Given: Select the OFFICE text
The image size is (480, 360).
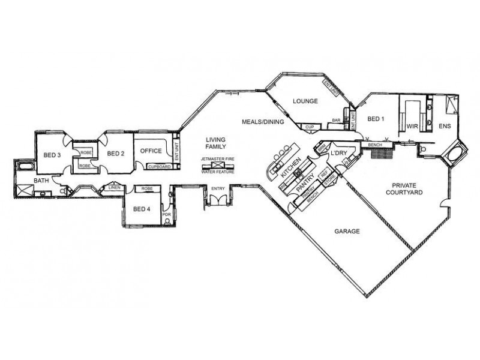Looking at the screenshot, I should click(151, 151).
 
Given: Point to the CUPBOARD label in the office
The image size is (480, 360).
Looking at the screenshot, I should click(159, 166).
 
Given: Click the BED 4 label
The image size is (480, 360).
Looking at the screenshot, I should click(141, 209).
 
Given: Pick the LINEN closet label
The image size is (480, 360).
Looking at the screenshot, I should click(115, 188).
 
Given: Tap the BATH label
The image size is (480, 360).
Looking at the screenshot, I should click(41, 179).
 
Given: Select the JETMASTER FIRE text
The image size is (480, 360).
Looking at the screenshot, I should click(217, 159).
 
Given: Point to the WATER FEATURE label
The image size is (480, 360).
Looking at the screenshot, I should click(217, 172).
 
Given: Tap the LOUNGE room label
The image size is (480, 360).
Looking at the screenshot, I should click(305, 101).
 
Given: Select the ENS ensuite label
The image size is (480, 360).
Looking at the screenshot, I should click(445, 127).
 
